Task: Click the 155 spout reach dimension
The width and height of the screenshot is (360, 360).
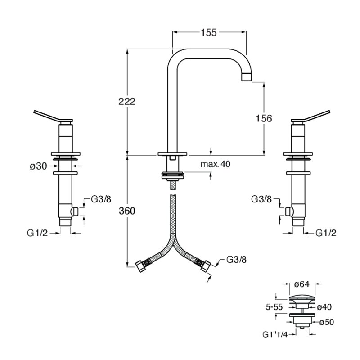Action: point(209,32)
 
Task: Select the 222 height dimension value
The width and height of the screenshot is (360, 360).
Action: point(127,101)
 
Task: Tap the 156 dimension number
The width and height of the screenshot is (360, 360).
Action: point(264,118)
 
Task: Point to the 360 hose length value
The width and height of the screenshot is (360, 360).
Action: point(127,211)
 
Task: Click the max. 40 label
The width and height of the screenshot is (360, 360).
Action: point(215,164)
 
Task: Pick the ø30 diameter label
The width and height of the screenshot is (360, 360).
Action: point(38,166)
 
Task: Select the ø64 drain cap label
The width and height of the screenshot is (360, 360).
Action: point(301,284)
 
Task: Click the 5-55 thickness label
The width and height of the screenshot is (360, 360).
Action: point(274,307)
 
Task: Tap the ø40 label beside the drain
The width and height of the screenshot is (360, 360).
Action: point(324,307)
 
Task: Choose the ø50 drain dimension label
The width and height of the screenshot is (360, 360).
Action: point(327,322)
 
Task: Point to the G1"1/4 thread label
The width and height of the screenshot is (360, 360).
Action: point(275,334)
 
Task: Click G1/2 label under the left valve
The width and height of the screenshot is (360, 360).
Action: point(37,233)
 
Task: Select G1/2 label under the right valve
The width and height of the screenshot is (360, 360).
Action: point(326,233)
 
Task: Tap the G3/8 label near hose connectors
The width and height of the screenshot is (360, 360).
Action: point(237,260)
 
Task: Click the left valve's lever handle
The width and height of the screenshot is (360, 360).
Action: point(53,117)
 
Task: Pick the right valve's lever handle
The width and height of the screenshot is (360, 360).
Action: point(310,117)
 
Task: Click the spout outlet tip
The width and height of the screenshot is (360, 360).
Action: point(247,76)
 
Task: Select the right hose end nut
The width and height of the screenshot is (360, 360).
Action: point(206,266)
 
